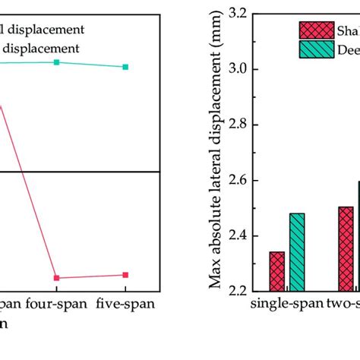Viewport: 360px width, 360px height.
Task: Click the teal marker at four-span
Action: [57, 62]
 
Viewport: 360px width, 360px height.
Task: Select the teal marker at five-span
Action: [125, 67]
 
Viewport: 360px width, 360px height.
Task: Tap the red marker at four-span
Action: [57, 278]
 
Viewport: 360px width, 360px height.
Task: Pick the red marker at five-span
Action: [125, 274]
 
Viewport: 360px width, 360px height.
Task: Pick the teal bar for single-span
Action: [296, 252]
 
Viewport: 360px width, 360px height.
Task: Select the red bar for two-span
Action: [346, 248]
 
